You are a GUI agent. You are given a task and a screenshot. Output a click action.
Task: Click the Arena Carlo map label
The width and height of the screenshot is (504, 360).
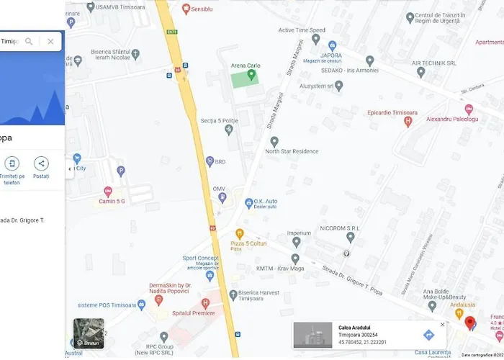coord(245,66)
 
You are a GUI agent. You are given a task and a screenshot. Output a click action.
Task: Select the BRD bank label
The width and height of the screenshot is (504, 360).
coord(220,162)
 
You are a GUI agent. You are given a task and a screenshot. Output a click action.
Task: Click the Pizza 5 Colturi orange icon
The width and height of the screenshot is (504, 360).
coord(240,233)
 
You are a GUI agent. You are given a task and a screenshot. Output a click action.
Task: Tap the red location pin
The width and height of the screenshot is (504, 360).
coord(470,323)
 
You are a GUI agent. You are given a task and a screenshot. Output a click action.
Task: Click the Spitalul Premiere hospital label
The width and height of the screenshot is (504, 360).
coord(194,313)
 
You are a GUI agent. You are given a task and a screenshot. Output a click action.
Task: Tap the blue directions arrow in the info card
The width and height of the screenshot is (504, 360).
coord(428,335)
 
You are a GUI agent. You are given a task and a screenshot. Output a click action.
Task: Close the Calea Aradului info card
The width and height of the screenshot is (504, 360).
coord(442,325)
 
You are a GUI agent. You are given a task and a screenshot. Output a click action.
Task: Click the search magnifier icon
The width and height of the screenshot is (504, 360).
coord(29,42)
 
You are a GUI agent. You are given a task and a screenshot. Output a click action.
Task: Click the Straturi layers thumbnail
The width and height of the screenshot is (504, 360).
coord(89,333)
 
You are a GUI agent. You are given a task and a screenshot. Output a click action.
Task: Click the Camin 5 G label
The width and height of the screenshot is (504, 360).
coord(112,201)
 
